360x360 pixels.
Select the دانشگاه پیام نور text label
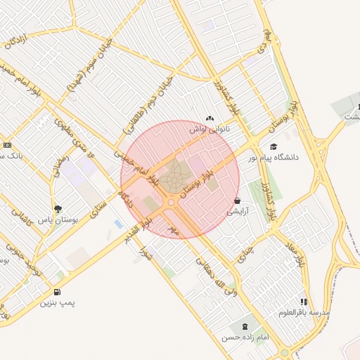point(273,157)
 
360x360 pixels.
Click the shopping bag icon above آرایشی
point(236,200)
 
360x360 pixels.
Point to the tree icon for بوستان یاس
point(58,209)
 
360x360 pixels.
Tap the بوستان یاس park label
point(58,220)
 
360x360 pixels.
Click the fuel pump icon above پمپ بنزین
point(56,292)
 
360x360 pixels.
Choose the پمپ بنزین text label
point(56,303)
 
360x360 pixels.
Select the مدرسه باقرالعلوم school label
point(304,312)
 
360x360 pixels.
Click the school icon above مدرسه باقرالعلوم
point(304,301)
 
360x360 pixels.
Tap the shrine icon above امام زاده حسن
point(245,326)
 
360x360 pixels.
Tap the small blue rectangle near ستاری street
point(117,224)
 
